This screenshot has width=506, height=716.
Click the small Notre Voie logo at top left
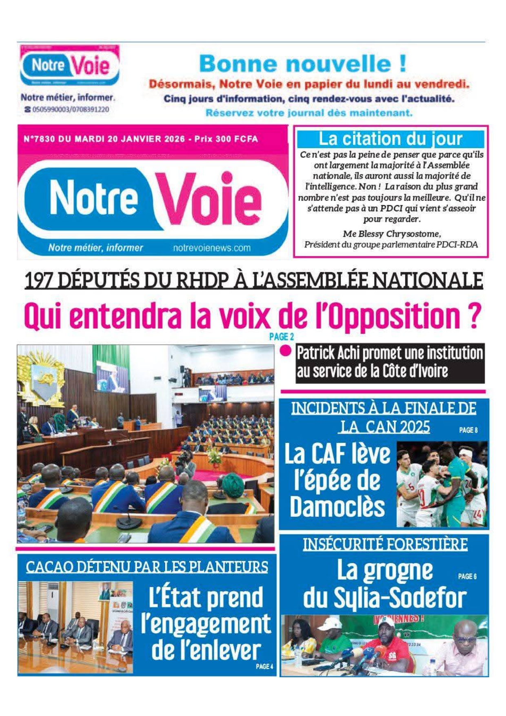70,66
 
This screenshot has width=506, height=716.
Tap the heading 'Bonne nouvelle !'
302,64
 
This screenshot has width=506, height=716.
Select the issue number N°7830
39,139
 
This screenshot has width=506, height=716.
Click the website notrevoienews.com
211,248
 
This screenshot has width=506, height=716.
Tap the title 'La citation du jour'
390,139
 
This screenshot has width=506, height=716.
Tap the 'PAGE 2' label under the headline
282,337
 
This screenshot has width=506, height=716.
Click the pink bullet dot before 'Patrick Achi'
286,350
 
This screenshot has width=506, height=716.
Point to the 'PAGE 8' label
468,430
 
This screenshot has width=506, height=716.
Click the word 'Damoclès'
337,507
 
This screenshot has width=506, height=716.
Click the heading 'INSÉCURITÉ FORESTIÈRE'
385,544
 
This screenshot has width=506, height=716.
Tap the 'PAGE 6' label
467,576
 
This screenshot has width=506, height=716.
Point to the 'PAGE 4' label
264,666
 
